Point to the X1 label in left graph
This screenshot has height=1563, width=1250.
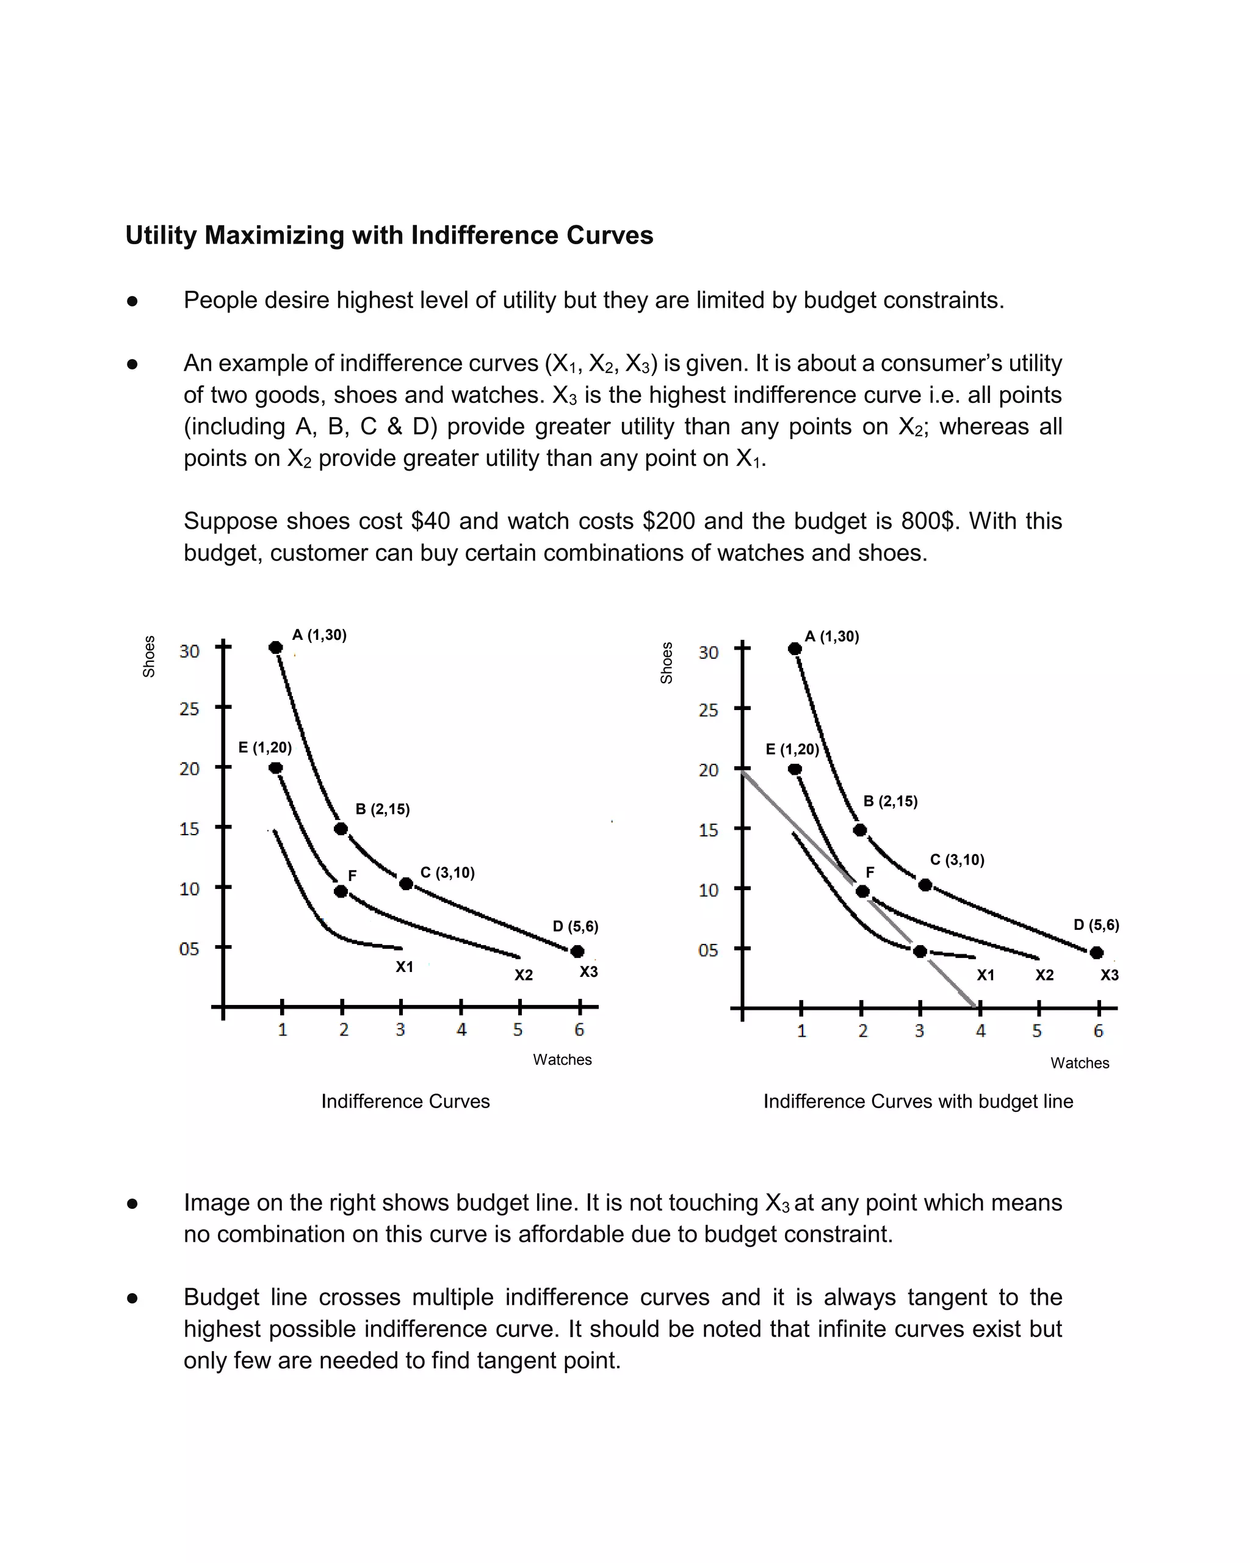point(404,966)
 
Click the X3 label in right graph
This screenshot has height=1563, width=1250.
point(1110,975)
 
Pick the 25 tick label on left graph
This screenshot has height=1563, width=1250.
point(189,708)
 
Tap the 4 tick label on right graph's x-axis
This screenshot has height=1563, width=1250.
point(980,1031)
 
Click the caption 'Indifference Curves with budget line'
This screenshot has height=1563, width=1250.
point(918,1101)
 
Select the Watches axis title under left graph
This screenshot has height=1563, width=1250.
point(562,1059)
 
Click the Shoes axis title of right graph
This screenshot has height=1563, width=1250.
point(667,662)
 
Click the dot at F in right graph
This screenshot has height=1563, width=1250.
point(862,891)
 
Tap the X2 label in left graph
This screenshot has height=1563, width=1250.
point(523,975)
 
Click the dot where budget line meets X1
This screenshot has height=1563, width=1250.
point(920,951)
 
